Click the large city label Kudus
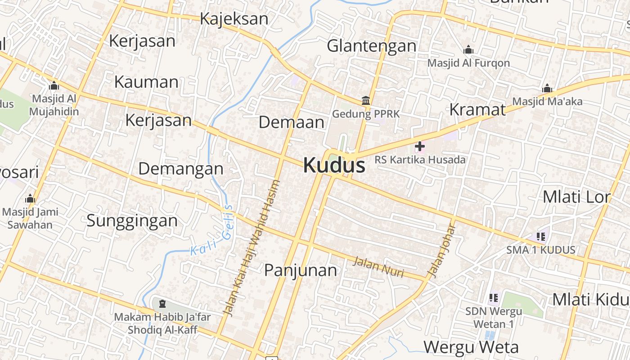[x=334, y=165]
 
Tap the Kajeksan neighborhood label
[x=234, y=19]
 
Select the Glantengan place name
[x=371, y=45]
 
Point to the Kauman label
[x=146, y=82]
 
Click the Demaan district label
[x=291, y=122]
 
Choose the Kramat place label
[x=477, y=109]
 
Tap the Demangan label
[x=180, y=169]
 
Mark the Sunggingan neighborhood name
[x=132, y=220]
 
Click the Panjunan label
[x=300, y=270]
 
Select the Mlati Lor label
[x=576, y=197]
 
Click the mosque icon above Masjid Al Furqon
[x=468, y=49]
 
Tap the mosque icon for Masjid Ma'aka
[x=547, y=88]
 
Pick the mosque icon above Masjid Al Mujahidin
[x=54, y=85]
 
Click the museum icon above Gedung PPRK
[x=365, y=100]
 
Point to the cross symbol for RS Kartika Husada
[x=420, y=146]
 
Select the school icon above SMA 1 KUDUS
[x=540, y=236]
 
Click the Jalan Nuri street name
[x=378, y=266]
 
